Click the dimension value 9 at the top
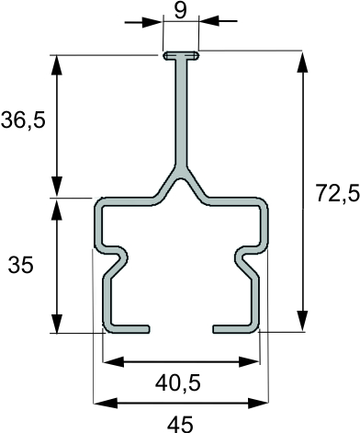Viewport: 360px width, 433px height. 180,11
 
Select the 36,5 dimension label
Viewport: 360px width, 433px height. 23,120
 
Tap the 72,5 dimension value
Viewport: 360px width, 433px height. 338,194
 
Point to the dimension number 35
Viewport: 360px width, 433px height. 20,265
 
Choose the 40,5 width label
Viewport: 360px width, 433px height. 178,383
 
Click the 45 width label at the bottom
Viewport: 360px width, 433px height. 180,424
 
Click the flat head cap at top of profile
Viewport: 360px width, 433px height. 181,56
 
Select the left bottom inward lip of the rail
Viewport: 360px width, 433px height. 127,328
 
